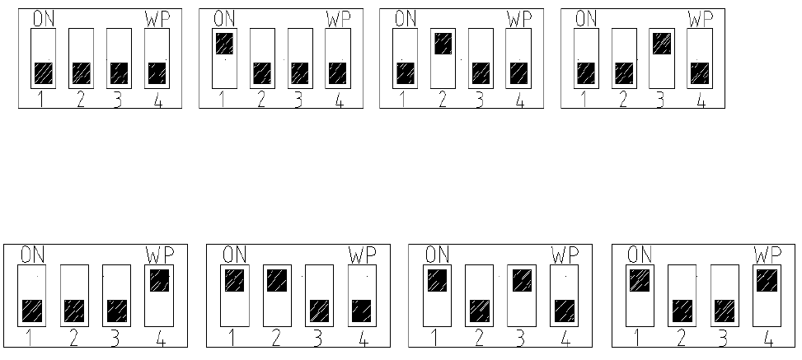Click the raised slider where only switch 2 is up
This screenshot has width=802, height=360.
(x=443, y=43)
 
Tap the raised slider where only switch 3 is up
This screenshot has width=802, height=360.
(x=661, y=43)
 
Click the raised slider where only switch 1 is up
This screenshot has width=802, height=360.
(x=223, y=43)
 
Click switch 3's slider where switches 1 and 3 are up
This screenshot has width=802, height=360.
(x=521, y=280)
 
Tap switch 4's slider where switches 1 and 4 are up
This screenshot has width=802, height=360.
(x=766, y=280)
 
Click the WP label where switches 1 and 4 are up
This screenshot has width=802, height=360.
(x=767, y=254)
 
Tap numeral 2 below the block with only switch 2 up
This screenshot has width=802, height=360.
(x=442, y=101)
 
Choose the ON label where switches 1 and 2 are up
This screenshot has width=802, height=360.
(x=235, y=254)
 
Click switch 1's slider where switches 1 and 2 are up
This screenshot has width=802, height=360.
(x=235, y=280)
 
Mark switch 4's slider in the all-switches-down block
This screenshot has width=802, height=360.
(x=157, y=73)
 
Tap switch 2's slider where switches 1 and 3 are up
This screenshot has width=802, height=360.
(x=479, y=311)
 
